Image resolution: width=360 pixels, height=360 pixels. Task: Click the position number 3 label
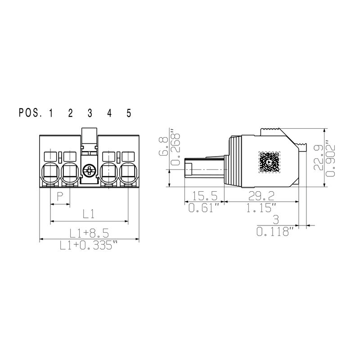(90, 113)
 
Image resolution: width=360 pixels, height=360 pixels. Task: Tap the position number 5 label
(129, 113)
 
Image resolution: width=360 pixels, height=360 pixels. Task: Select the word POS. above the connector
(30, 113)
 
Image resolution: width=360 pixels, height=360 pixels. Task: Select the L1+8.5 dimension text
(89, 232)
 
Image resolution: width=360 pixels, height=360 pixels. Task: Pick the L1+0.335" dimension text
(89, 245)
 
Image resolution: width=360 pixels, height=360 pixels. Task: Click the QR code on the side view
(269, 162)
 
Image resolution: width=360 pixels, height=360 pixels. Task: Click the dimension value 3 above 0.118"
(275, 220)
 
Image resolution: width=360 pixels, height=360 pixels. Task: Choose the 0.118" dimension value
(274, 232)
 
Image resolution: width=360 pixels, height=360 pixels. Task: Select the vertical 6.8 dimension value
(164, 147)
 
